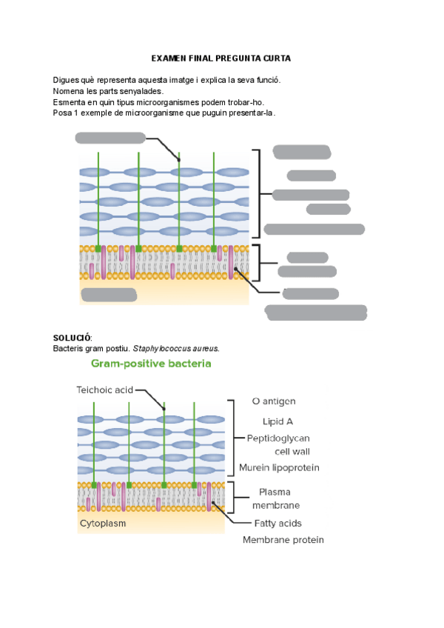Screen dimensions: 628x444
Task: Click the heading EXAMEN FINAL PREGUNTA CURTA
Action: (221, 58)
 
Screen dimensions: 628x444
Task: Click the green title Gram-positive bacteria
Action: (151, 364)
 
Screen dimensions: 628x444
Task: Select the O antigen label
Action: (274, 401)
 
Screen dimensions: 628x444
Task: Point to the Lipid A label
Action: (272, 421)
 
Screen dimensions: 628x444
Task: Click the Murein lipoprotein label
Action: (279, 467)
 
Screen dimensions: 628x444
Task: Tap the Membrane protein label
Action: (283, 540)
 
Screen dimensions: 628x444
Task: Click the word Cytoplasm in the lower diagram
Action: (103, 523)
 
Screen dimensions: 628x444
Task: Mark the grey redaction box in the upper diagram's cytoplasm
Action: (109, 295)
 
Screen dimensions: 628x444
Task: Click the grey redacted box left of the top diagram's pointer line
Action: (110, 137)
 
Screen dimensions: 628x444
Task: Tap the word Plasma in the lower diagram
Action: (275, 492)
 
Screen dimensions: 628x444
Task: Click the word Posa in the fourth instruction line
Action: (62, 113)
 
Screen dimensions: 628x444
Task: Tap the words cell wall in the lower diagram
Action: (292, 451)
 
